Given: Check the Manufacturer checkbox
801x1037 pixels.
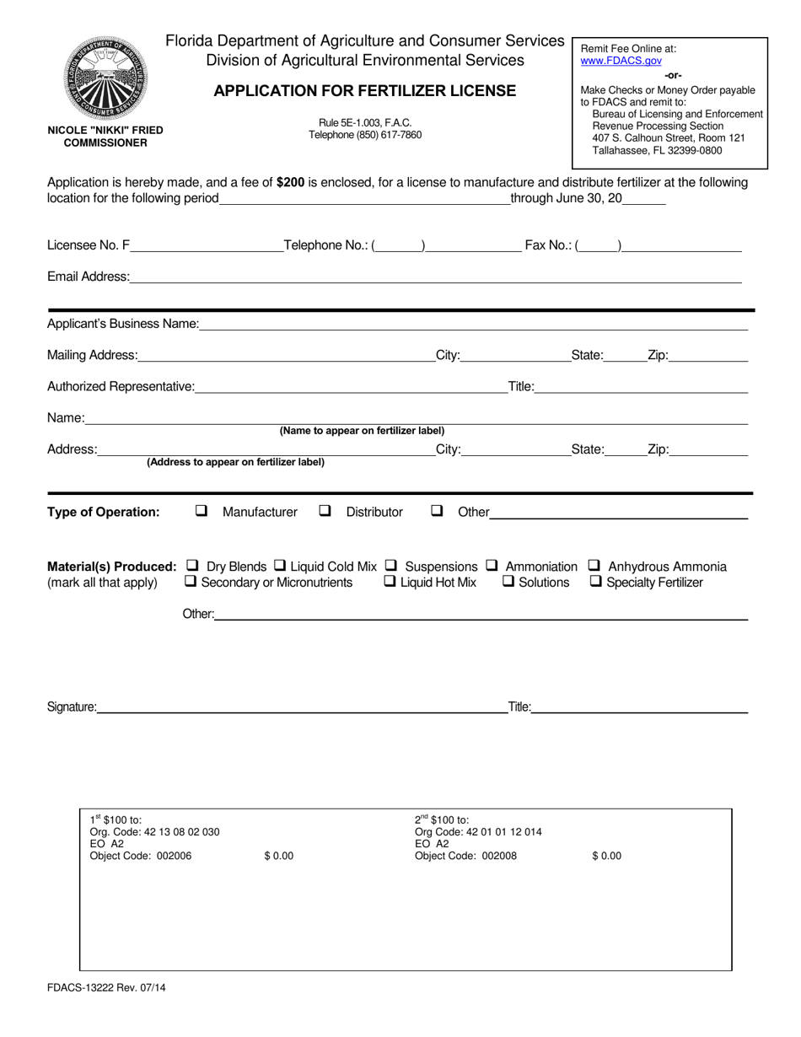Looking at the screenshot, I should pyautogui.click(x=202, y=511).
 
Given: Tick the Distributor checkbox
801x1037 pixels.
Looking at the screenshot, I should pyautogui.click(x=325, y=511).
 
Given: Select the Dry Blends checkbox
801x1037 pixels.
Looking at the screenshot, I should pyautogui.click(x=192, y=566).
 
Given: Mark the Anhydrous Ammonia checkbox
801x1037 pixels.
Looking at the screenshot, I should pyautogui.click(x=594, y=566).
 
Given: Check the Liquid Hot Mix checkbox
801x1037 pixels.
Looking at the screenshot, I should pyautogui.click(x=390, y=582).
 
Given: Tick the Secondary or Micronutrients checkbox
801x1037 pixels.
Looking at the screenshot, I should pyautogui.click(x=191, y=582).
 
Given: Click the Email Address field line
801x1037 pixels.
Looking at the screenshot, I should pyautogui.click(x=435, y=277).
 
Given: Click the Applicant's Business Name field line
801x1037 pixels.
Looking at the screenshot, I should pyautogui.click(x=472, y=324).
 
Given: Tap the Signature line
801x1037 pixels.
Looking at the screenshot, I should pyautogui.click(x=300, y=707).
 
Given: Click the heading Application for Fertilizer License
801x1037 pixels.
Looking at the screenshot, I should pyautogui.click(x=364, y=91).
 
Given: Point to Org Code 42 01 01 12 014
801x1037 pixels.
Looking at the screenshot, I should pyautogui.click(x=478, y=832).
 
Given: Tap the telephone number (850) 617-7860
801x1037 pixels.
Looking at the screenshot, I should pyautogui.click(x=365, y=135).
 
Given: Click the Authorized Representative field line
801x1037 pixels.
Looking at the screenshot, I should pyautogui.click(x=350, y=387).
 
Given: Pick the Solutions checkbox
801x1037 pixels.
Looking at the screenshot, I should pyautogui.click(x=508, y=582).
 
